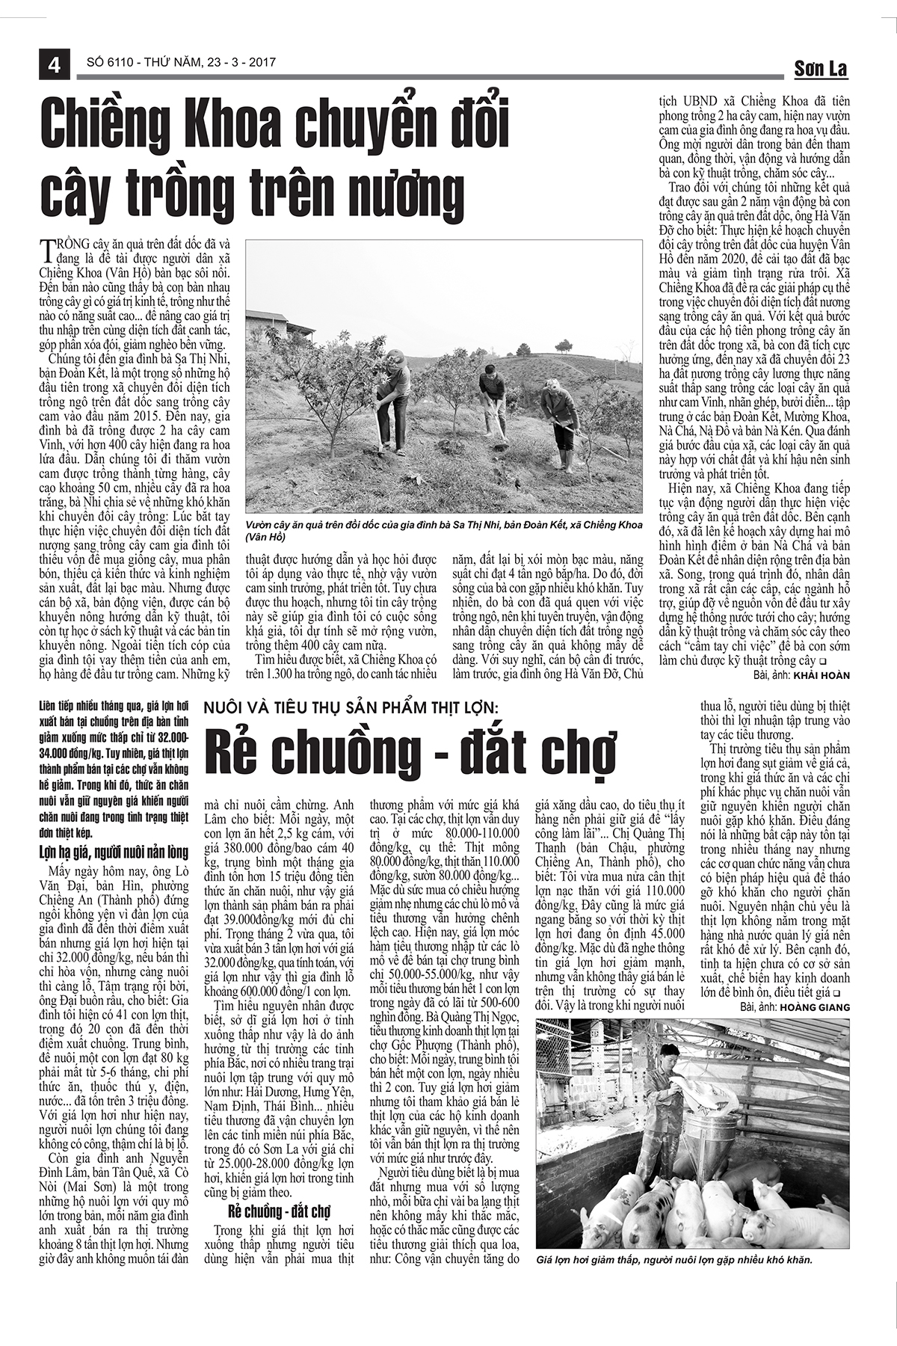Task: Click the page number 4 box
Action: (54, 64)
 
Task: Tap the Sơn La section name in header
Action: (820, 70)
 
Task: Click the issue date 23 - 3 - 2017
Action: (237, 64)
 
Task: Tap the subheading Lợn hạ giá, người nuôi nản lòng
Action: (114, 852)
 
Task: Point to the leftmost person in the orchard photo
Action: (394, 400)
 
